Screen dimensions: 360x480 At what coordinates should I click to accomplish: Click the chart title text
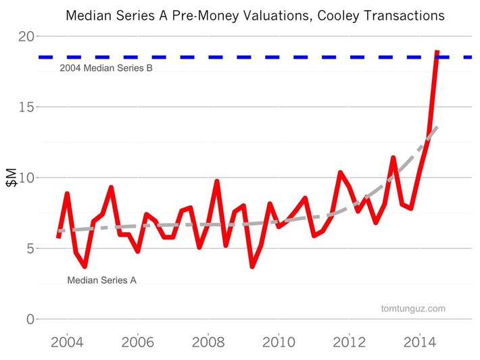tap(255, 14)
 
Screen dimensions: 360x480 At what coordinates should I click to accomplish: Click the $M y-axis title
tap(11, 178)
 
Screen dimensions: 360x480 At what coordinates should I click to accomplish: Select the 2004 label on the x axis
tap(67, 341)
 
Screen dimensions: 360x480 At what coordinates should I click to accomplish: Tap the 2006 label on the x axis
tap(137, 341)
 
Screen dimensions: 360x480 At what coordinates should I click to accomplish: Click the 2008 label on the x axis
tap(208, 341)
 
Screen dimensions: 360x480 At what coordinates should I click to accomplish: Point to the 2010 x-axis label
tap(279, 341)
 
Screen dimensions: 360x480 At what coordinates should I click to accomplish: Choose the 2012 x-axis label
tap(349, 341)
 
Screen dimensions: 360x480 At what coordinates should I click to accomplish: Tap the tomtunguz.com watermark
tap(413, 309)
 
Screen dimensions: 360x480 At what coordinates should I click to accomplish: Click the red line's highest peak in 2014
tap(437, 52)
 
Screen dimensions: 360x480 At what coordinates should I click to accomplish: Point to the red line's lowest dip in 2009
tap(252, 266)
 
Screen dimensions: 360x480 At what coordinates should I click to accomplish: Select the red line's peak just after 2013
tap(393, 158)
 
